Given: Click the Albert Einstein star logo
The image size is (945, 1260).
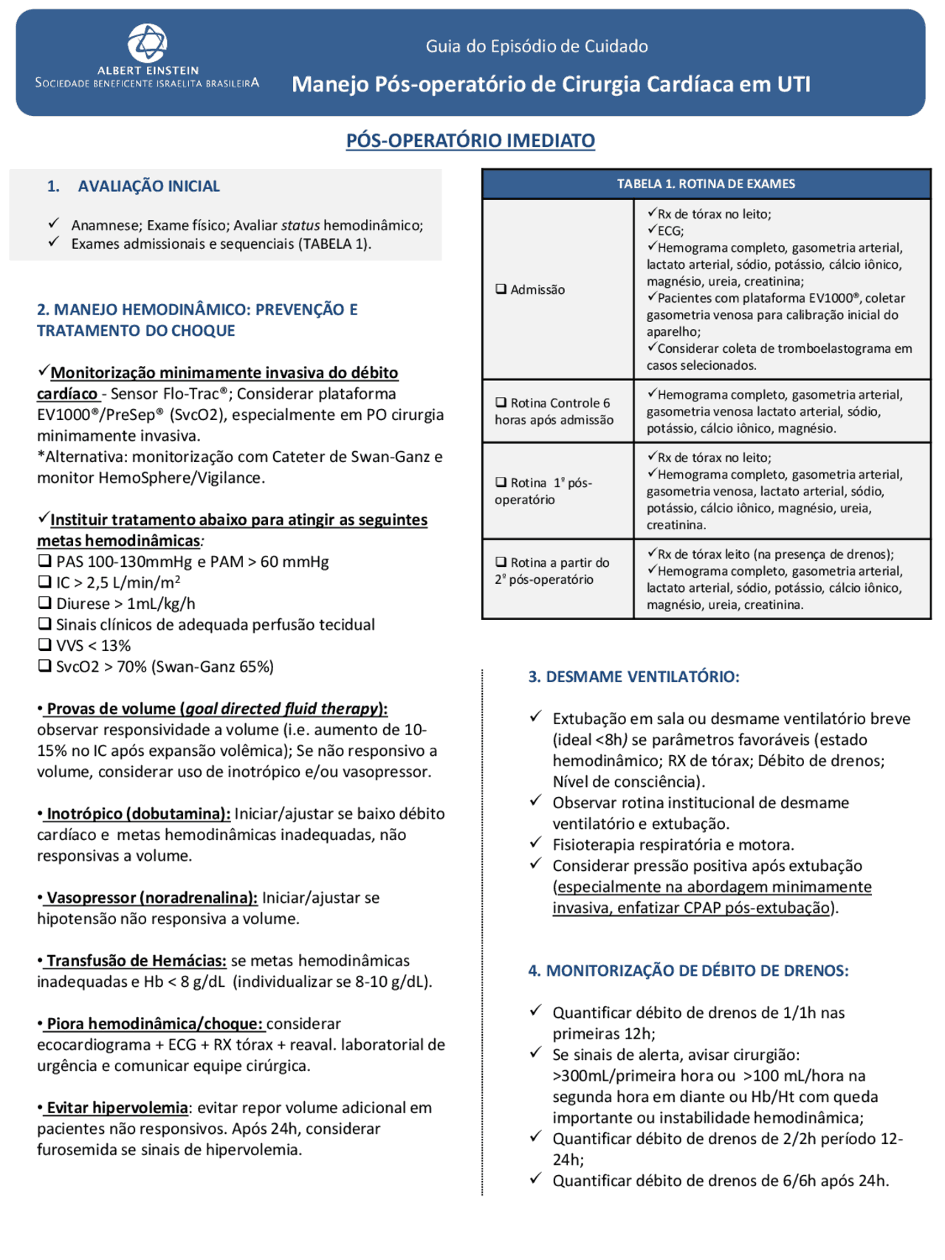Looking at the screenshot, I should pyautogui.click(x=148, y=43).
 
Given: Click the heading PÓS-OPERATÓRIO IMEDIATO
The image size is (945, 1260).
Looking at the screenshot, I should pyautogui.click(x=470, y=140).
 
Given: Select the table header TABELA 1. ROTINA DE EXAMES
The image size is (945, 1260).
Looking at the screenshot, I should pyautogui.click(x=706, y=184).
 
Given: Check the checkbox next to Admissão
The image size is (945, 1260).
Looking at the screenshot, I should pyautogui.click(x=501, y=289).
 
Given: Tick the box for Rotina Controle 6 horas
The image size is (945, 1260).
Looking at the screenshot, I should pyautogui.click(x=501, y=402).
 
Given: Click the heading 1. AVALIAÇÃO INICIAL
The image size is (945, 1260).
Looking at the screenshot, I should pyautogui.click(x=134, y=186).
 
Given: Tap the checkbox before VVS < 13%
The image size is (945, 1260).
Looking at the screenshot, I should pyautogui.click(x=44, y=644).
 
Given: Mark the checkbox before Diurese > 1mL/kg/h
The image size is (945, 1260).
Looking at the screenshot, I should pyautogui.click(x=44, y=602).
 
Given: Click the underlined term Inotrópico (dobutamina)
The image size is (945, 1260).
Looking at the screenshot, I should pyautogui.click(x=137, y=813).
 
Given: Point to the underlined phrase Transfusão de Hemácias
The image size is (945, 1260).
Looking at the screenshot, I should pyautogui.click(x=136, y=960).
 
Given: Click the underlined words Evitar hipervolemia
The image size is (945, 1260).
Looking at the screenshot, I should pyautogui.click(x=117, y=1107).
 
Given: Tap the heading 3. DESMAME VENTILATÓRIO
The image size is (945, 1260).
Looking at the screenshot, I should pyautogui.click(x=633, y=676).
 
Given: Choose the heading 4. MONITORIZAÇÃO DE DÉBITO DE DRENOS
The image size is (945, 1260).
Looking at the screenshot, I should pyautogui.click(x=688, y=970).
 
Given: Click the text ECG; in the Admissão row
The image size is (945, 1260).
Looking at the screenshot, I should pyautogui.click(x=670, y=231).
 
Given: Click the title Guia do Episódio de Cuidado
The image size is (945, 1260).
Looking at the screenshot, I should pyautogui.click(x=537, y=47).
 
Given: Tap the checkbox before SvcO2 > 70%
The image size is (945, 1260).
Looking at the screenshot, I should pyautogui.click(x=44, y=666).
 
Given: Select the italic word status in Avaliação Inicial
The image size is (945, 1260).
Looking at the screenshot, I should pyautogui.click(x=300, y=225).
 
